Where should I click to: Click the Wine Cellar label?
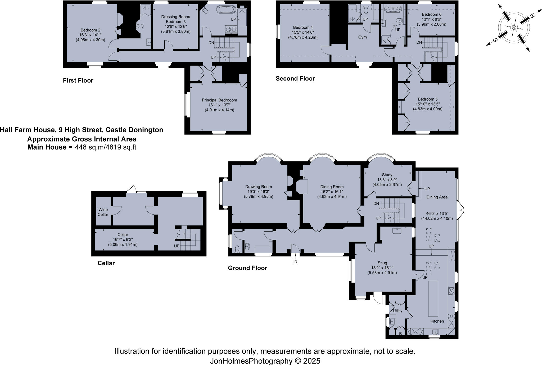click(103, 212)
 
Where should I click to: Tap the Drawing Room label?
click(258, 187)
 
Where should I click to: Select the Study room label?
click(387, 175)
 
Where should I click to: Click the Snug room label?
click(382, 263)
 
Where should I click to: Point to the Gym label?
click(362, 37)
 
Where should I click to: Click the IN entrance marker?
click(295, 261)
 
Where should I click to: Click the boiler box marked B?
click(400, 334)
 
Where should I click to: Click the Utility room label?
click(398, 311)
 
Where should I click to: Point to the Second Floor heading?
click(295, 79)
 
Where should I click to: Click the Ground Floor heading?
click(247, 268)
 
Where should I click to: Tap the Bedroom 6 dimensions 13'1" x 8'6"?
click(431, 19)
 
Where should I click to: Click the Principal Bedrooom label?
click(219, 100)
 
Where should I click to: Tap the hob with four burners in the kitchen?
click(451, 291)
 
